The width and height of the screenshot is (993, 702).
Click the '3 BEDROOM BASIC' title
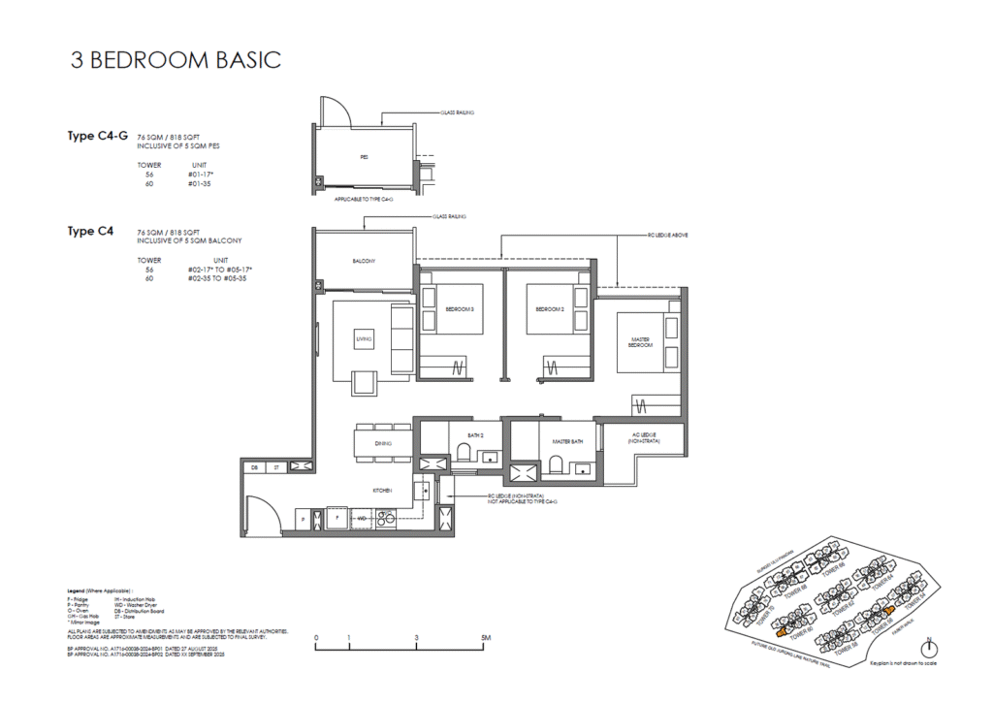coord(176,59)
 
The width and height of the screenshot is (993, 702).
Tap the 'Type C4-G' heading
coord(97,136)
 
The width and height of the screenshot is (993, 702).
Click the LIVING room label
coord(365,338)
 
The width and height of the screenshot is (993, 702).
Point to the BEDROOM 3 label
coord(459,309)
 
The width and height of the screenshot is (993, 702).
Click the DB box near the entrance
coord(255,467)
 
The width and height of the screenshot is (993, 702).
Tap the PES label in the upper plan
coord(364,156)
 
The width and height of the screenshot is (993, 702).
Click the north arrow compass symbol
coord(929,649)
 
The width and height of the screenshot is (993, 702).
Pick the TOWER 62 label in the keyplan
coord(844,609)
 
